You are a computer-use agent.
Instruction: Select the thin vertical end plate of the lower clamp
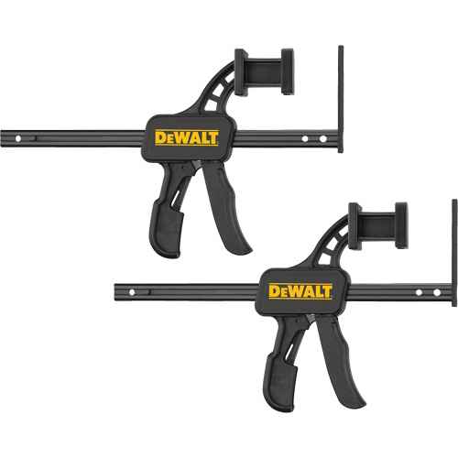[x=454, y=252]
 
